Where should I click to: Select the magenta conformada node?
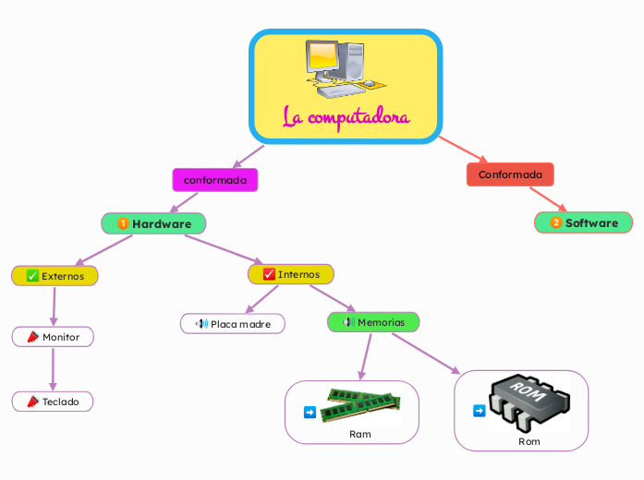click(x=215, y=180)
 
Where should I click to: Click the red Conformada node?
click(x=510, y=174)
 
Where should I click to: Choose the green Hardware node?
click(x=153, y=223)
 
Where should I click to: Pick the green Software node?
click(x=584, y=222)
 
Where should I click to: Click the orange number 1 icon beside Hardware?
click(x=123, y=223)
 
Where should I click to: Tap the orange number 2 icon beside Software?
click(x=555, y=222)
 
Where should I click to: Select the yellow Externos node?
click(x=55, y=275)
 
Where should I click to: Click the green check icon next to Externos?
click(x=32, y=275)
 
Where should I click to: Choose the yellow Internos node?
click(x=291, y=274)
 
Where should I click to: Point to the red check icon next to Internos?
click(x=269, y=274)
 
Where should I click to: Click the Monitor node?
click(x=53, y=337)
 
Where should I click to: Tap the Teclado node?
click(x=53, y=402)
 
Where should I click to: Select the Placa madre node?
click(x=232, y=324)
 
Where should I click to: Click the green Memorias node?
click(x=373, y=322)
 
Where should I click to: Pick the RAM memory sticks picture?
click(x=360, y=404)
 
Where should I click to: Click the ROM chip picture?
click(x=529, y=402)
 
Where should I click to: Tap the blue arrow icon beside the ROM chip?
click(x=479, y=411)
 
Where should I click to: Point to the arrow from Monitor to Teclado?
click(x=53, y=369)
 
